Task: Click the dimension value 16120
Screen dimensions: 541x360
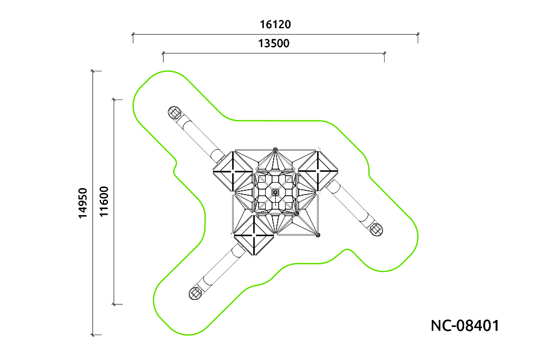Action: [x=275, y=24]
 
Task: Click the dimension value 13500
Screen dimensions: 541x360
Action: [x=274, y=43]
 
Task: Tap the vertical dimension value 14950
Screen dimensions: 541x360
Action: [x=83, y=203]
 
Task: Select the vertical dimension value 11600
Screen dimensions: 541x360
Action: [x=104, y=202]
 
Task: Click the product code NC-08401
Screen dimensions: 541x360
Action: [x=465, y=326]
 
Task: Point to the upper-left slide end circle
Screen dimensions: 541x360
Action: [x=175, y=112]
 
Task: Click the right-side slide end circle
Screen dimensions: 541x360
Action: [x=376, y=230]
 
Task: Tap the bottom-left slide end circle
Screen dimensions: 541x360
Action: [x=195, y=293]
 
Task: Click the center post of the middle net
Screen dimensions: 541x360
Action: [x=275, y=192]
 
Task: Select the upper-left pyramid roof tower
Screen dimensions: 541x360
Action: [x=233, y=171]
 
